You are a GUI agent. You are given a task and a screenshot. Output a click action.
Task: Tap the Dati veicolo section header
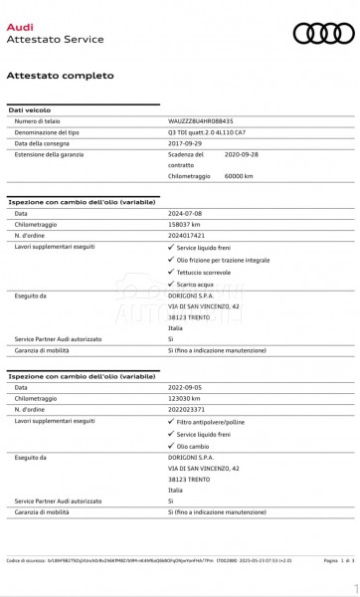tap(30, 109)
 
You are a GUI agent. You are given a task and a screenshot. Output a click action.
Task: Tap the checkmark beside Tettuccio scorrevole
tap(171, 272)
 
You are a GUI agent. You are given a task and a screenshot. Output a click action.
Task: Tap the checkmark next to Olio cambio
tap(171, 446)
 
